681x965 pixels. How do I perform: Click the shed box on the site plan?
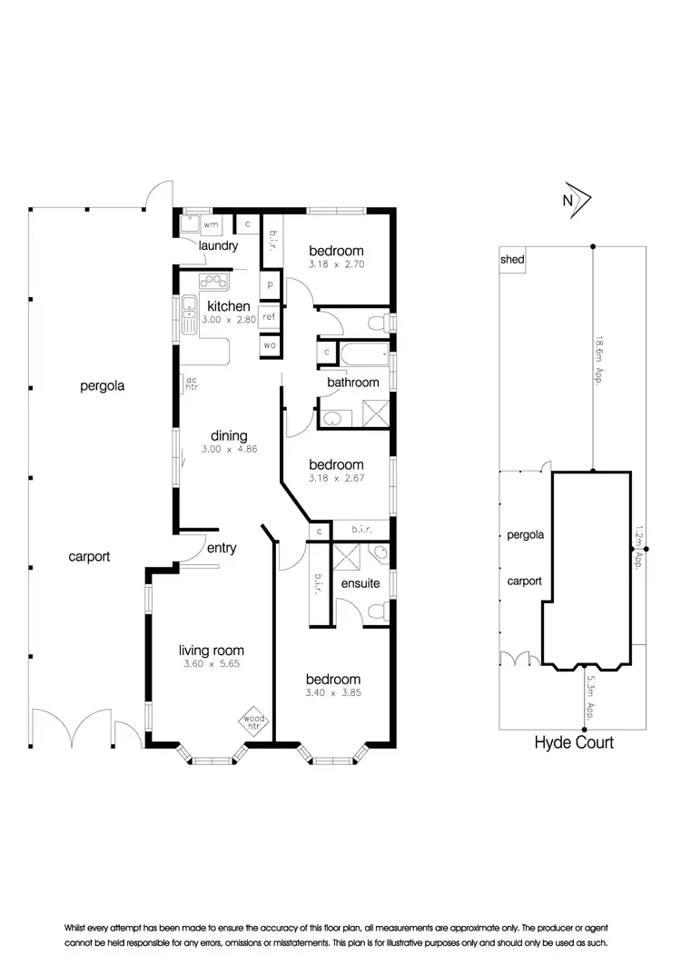[x=512, y=260]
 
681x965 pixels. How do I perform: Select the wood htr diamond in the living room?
[x=252, y=723]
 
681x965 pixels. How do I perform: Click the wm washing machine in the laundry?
[x=211, y=224]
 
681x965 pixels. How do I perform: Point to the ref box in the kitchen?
[x=269, y=317]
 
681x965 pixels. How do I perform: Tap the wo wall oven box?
[x=269, y=345]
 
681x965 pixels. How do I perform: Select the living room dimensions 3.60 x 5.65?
[x=211, y=665]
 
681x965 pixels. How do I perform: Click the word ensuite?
[x=360, y=583]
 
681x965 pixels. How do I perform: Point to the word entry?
[x=222, y=548]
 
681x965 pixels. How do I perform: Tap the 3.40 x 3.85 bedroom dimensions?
[x=333, y=694]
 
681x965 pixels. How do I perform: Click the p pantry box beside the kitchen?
[x=270, y=285]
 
